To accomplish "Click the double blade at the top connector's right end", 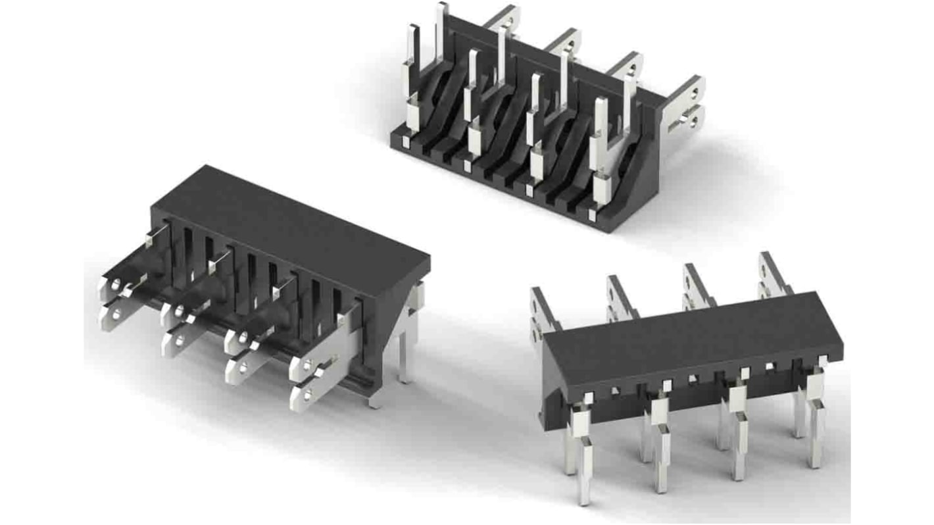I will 684,105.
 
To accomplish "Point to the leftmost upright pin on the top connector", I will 412,79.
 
